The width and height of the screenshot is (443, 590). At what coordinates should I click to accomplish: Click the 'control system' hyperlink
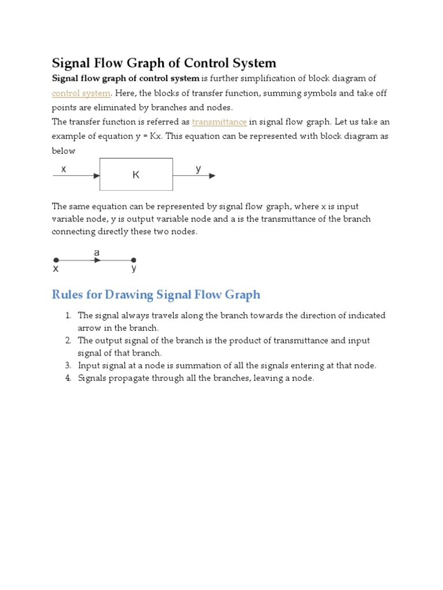pyautogui.click(x=81, y=93)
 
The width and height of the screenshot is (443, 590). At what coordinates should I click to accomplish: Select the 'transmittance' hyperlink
pyautogui.click(x=219, y=122)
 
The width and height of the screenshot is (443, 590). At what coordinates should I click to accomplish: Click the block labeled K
pyautogui.click(x=136, y=174)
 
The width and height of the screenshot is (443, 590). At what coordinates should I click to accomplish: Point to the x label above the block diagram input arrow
pyautogui.click(x=63, y=169)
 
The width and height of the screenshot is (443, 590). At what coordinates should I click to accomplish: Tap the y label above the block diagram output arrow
pyautogui.click(x=198, y=169)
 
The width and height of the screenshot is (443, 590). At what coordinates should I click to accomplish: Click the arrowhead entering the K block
pyautogui.click(x=96, y=176)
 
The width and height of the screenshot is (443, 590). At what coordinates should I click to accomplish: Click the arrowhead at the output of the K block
pyautogui.click(x=212, y=176)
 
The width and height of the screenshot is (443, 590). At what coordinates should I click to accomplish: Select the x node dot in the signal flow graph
pyautogui.click(x=56, y=260)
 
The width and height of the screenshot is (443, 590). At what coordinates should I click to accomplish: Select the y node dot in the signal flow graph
pyautogui.click(x=134, y=260)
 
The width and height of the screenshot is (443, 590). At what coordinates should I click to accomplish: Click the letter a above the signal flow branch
pyautogui.click(x=96, y=253)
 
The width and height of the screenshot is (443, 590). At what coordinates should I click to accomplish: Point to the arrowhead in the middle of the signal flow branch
pyautogui.click(x=97, y=260)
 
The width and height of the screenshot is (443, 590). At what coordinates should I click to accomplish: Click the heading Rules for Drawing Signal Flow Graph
pyautogui.click(x=156, y=295)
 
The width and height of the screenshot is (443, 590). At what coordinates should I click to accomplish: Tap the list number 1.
pyautogui.click(x=67, y=316)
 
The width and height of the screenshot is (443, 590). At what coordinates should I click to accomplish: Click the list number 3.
pyautogui.click(x=67, y=365)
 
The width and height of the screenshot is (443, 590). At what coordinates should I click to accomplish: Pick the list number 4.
pyautogui.click(x=67, y=378)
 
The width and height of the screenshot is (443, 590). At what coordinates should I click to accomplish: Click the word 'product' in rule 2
pyautogui.click(x=232, y=341)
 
